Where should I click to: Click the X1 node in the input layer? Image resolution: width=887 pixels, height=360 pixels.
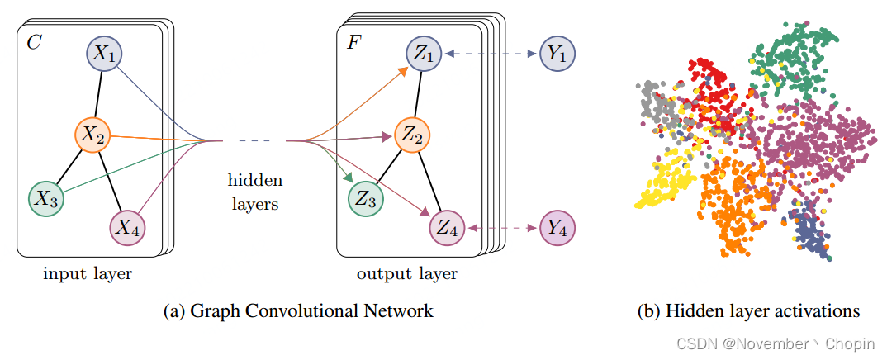coord(104,54)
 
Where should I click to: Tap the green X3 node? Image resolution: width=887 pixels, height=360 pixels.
coord(45,197)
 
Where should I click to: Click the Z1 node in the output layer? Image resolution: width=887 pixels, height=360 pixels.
coord(424,54)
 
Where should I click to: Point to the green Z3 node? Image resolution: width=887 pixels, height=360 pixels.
coord(365,197)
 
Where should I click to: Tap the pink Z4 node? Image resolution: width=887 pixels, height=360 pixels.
coord(446,227)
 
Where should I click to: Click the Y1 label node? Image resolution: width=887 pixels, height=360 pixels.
coord(557,54)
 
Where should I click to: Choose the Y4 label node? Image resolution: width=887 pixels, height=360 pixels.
coord(557,227)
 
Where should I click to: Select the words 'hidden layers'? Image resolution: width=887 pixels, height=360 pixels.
coord(255,191)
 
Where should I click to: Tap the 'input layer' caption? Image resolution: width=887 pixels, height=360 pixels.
coord(88,273)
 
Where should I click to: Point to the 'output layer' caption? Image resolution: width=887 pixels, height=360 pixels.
coord(407,273)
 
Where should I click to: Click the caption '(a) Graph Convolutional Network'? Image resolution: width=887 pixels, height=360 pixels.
coord(298,311)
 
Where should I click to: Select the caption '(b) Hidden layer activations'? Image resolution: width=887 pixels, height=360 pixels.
coord(748,311)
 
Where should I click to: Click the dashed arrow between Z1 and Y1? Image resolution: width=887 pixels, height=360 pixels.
coord(491,54)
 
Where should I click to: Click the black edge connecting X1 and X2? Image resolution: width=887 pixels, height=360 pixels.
coord(99,93)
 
